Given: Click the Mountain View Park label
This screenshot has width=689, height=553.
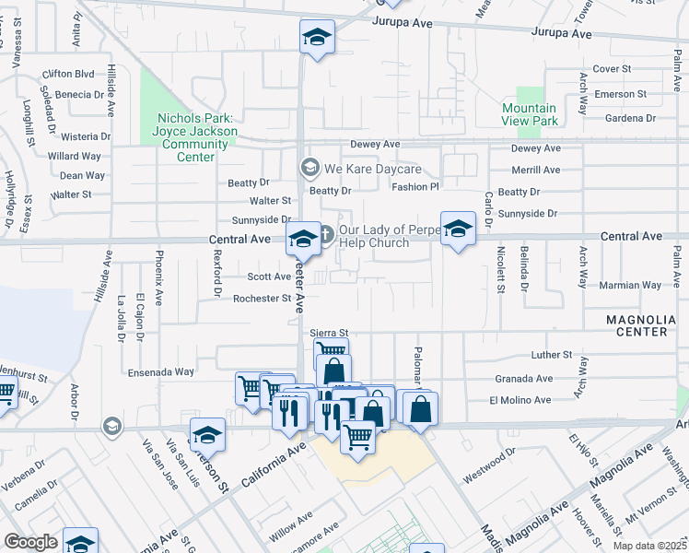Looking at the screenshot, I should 530,114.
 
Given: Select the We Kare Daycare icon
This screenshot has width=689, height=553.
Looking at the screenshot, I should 309,169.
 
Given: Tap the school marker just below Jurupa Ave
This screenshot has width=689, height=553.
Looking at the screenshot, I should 317,38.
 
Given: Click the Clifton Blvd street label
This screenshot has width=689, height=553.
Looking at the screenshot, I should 68,73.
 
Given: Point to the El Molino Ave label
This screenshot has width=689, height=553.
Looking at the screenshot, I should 520,400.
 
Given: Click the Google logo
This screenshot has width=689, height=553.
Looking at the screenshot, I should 30,542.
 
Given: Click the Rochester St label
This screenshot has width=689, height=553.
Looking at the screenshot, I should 262,299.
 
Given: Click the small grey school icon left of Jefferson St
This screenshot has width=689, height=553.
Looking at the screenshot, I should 112,425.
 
